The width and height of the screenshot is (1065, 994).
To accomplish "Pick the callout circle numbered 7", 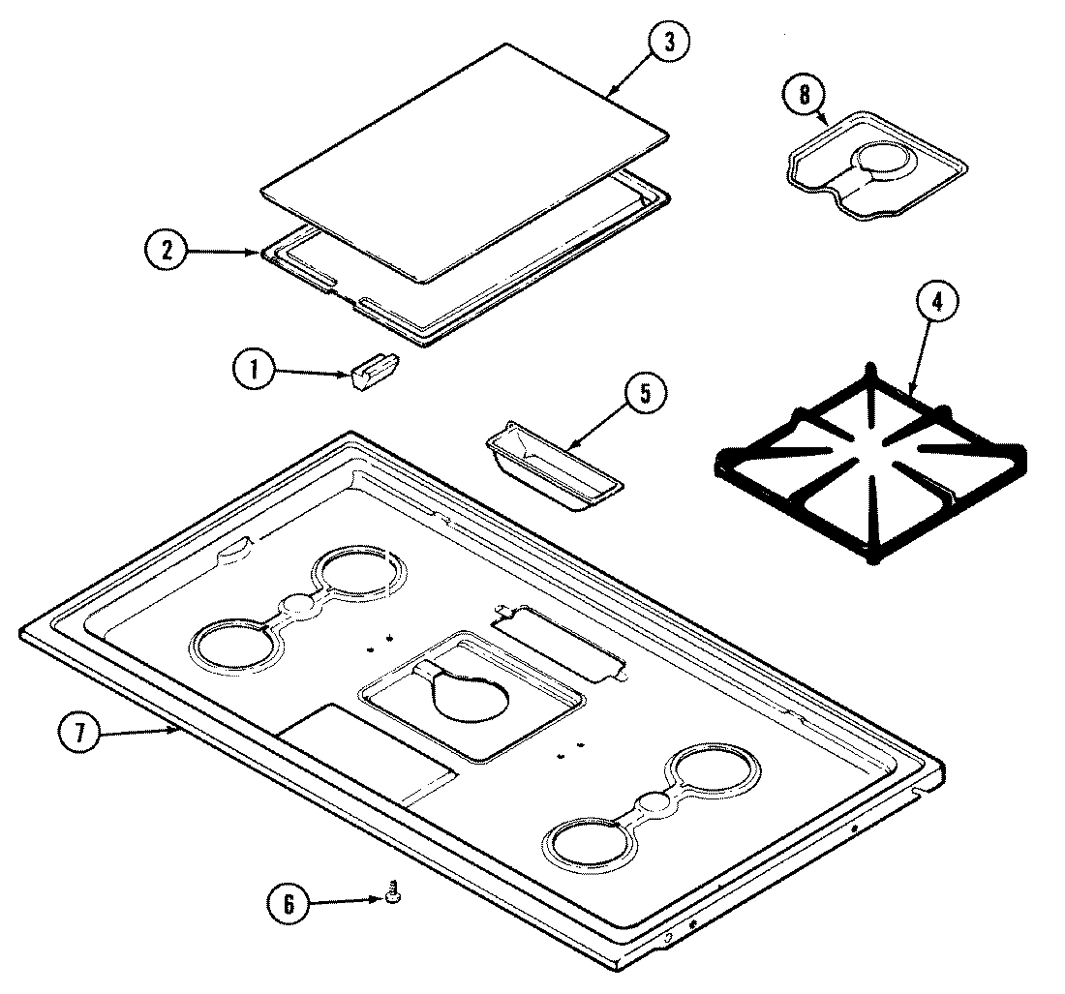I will click(x=81, y=733).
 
